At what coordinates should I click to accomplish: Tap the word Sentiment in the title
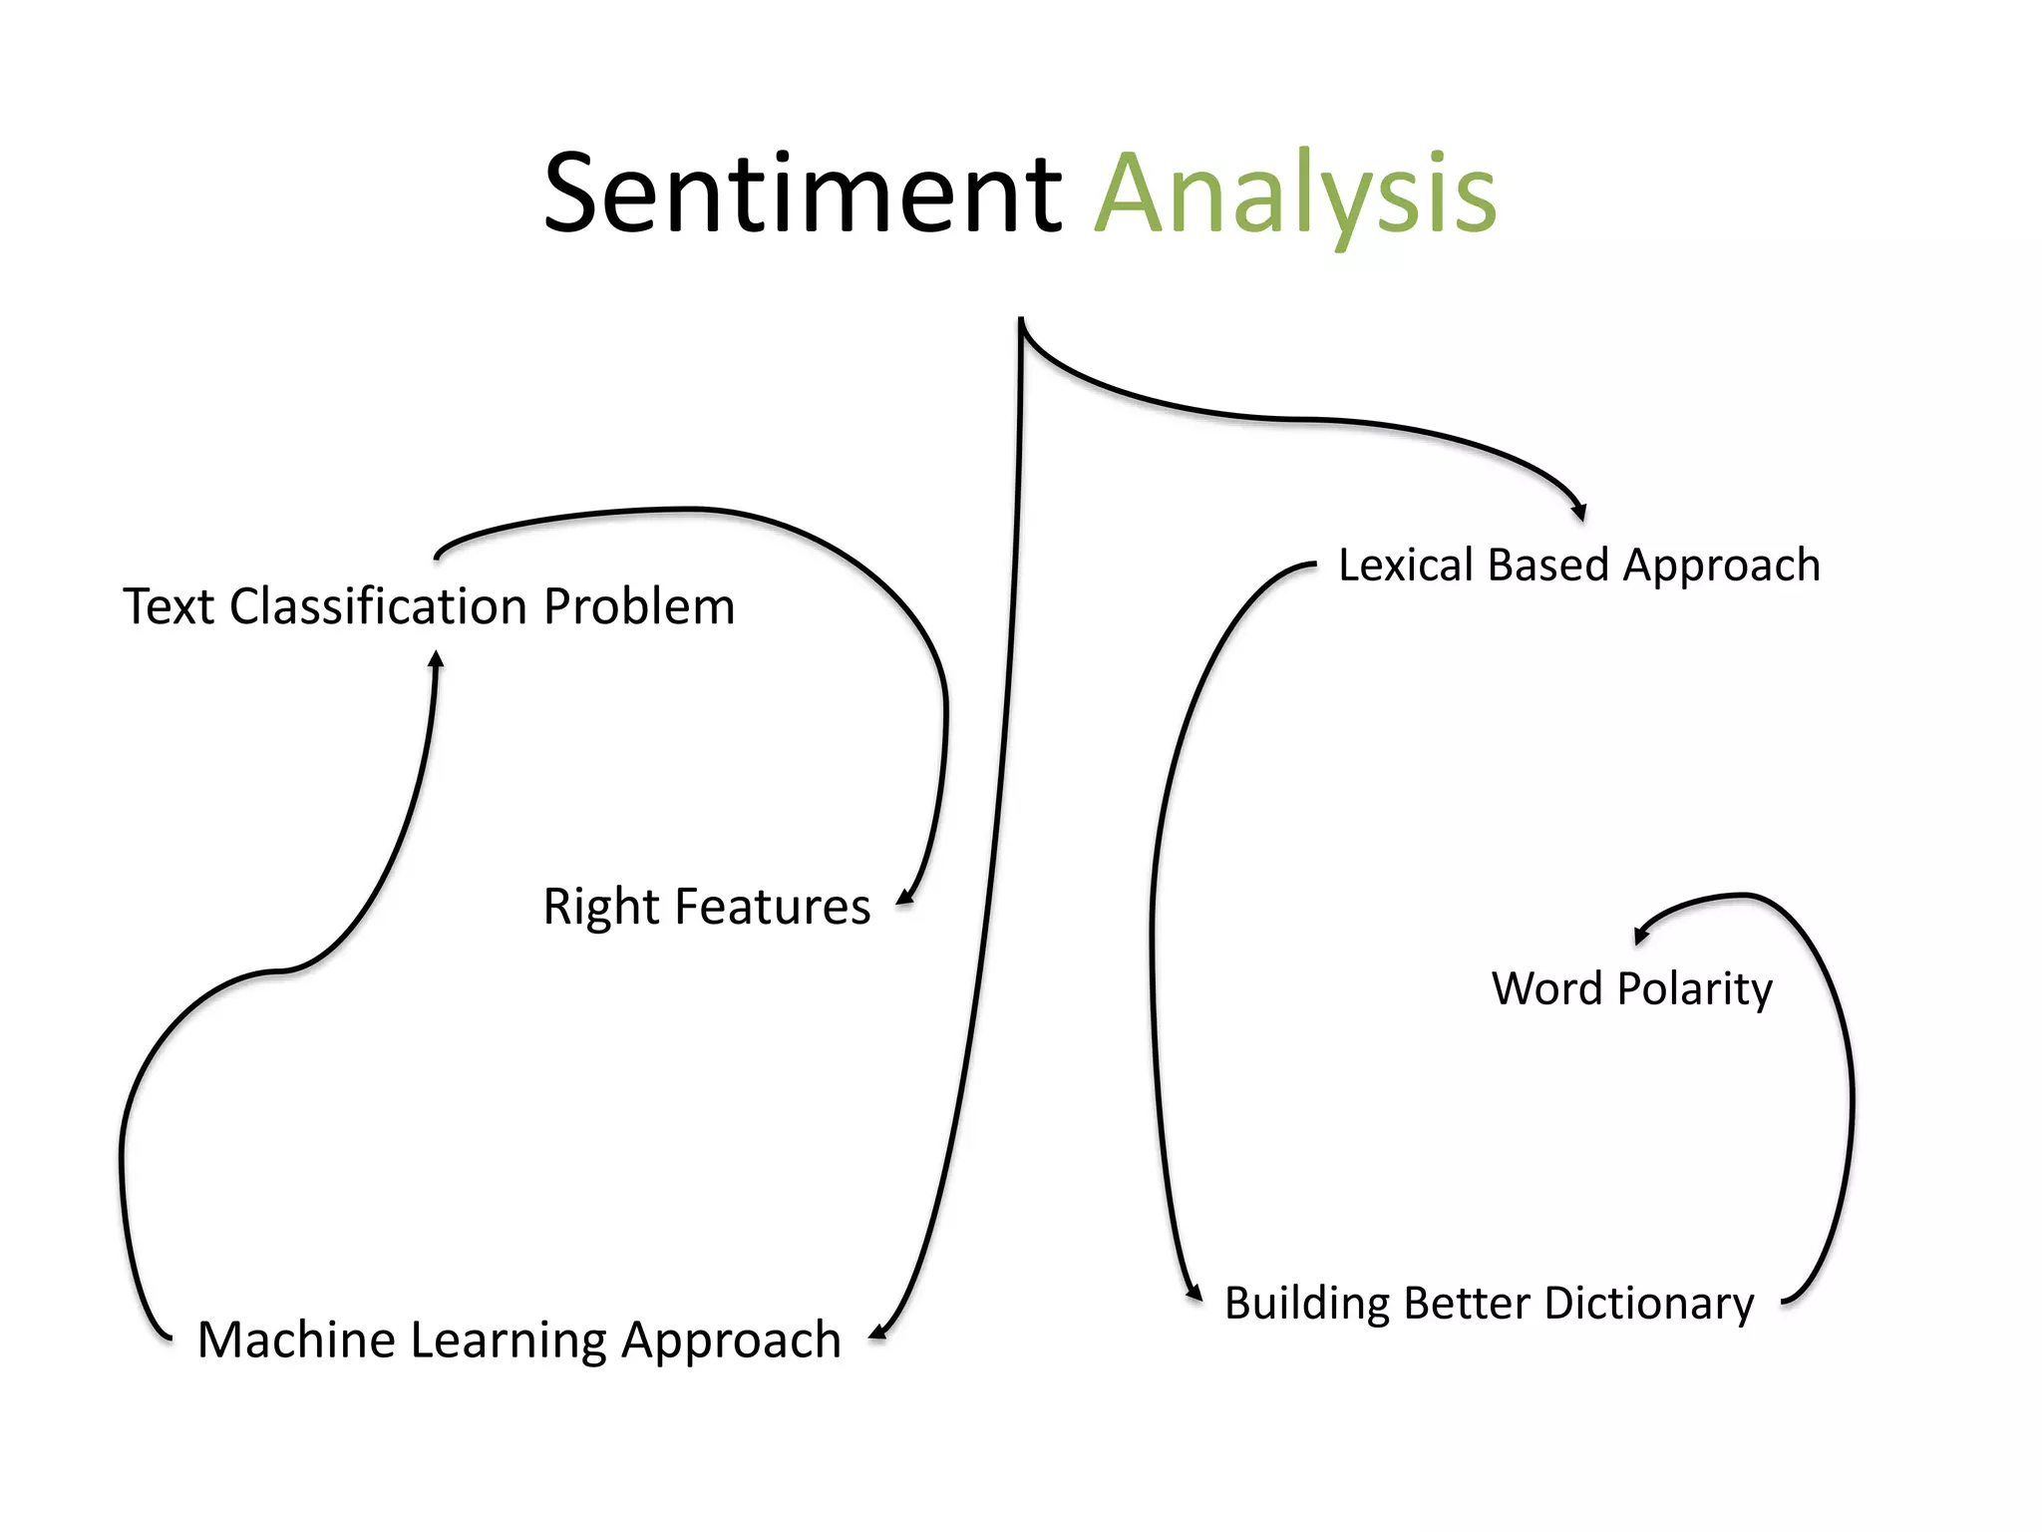[803, 194]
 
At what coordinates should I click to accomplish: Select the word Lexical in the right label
[1405, 565]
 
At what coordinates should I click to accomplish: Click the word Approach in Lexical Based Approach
[1721, 567]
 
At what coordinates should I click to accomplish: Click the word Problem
[639, 606]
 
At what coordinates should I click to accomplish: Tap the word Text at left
[169, 606]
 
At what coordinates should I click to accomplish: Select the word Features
[772, 907]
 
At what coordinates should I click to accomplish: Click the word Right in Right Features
[600, 909]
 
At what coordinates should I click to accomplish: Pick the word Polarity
[1694, 989]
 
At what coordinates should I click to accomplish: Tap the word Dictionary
[1649, 1304]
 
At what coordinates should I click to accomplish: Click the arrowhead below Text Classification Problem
[436, 659]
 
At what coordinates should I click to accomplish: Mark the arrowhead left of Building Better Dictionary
[1193, 1293]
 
